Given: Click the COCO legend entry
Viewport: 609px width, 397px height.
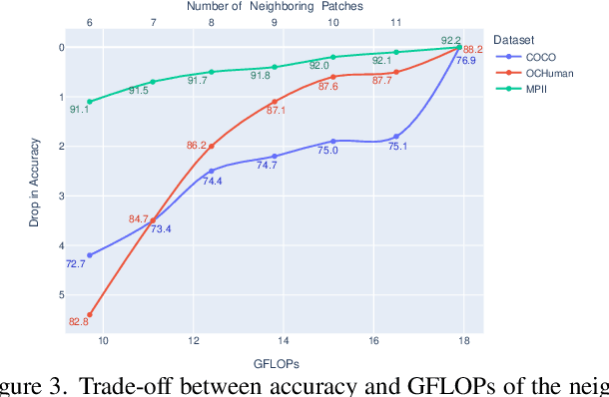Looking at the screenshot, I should click(x=540, y=58).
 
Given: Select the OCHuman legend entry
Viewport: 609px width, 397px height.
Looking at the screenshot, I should click(x=548, y=74).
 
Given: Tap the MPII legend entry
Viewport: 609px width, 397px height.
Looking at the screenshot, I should click(x=538, y=90).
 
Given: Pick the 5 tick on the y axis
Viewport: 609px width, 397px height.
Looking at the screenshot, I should click(x=62, y=295).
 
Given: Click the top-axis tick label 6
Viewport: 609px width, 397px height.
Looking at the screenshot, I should click(x=90, y=21).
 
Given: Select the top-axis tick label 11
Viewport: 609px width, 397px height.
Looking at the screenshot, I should click(x=396, y=21).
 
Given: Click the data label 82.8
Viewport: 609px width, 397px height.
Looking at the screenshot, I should click(x=79, y=321).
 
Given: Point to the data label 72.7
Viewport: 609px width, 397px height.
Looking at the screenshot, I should click(x=76, y=264).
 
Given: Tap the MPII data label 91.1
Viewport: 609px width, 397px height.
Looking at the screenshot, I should click(x=80, y=110).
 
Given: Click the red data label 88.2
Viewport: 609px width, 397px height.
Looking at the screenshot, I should click(x=473, y=50).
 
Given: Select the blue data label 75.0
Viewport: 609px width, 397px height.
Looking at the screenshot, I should click(x=327, y=151).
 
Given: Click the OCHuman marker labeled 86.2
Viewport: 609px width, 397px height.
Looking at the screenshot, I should click(x=211, y=146).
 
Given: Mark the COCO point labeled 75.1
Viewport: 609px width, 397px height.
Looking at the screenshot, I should click(x=396, y=136).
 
